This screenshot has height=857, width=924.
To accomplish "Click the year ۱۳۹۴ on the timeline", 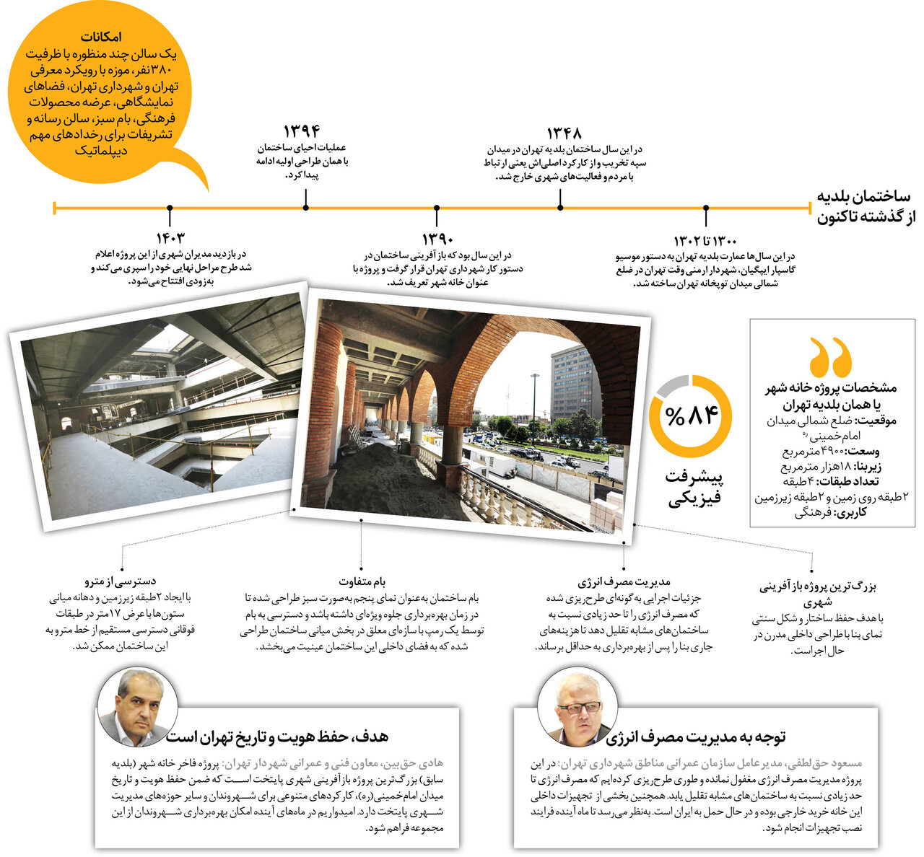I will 301,131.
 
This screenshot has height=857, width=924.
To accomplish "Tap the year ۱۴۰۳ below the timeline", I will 170,238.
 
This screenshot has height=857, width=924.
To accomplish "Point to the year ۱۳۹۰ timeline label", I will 437,239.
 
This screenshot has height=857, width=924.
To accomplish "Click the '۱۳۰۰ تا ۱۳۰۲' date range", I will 705,239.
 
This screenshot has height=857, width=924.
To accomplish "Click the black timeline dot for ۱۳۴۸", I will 561,208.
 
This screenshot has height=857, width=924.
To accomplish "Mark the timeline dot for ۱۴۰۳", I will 170,208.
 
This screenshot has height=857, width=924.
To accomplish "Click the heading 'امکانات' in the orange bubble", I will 101,38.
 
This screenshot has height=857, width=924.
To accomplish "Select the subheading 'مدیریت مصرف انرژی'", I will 624,581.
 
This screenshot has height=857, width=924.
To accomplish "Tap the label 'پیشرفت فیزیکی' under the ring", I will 694,487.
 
